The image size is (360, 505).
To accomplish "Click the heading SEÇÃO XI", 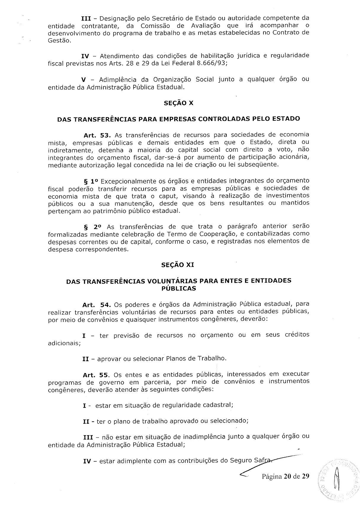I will (x=177, y=265).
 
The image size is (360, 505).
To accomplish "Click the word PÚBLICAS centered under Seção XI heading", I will (x=179, y=288).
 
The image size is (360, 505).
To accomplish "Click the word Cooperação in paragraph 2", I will (x=219, y=234).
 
